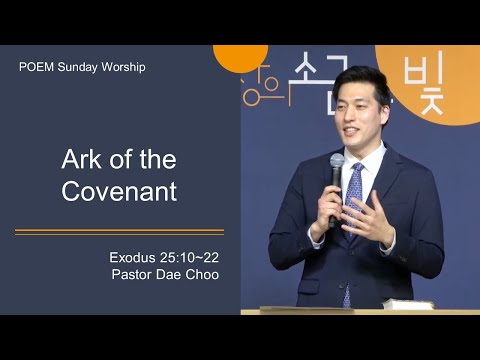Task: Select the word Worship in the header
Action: click(x=123, y=67)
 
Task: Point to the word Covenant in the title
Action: click(x=119, y=191)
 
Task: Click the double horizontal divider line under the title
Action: click(x=119, y=232)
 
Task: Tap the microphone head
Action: click(x=337, y=162)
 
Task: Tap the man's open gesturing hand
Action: click(x=368, y=217)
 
